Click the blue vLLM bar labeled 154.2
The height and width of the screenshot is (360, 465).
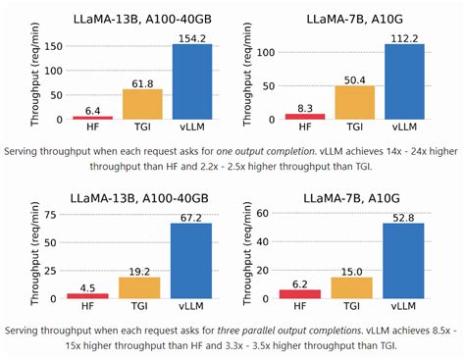tap(192, 82)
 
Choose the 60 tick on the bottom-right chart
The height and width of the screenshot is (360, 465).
tap(275, 213)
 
